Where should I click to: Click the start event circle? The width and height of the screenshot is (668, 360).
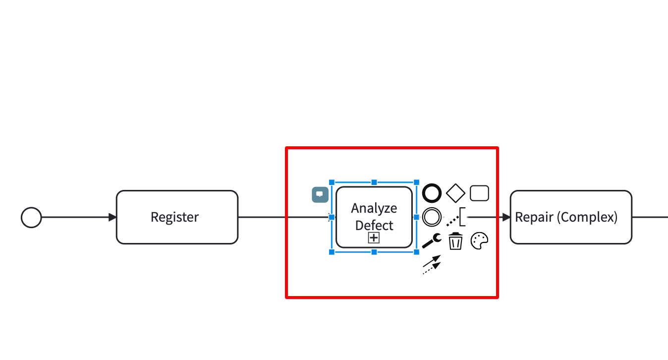(31, 218)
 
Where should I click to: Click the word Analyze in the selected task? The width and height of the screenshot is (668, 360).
(374, 208)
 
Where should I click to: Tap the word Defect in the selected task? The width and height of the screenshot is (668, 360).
(374, 225)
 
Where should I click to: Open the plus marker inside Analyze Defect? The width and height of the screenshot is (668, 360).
(374, 238)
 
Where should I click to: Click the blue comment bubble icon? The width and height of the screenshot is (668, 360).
(320, 194)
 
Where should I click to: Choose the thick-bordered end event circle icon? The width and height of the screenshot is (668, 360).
(432, 193)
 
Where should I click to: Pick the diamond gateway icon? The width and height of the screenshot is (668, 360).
(455, 193)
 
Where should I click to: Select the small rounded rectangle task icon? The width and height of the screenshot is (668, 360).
(479, 193)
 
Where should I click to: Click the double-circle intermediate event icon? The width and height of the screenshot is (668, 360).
(432, 217)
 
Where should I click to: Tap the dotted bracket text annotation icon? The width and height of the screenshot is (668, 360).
(456, 217)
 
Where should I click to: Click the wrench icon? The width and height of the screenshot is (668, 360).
(432, 241)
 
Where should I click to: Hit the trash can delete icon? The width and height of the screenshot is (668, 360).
(455, 241)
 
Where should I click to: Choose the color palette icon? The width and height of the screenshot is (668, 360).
(479, 241)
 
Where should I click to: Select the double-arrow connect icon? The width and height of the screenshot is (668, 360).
(432, 265)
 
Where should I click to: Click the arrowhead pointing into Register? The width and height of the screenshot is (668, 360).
(112, 217)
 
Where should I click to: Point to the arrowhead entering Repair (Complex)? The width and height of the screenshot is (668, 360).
(506, 217)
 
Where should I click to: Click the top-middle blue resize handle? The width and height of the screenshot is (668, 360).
(374, 182)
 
